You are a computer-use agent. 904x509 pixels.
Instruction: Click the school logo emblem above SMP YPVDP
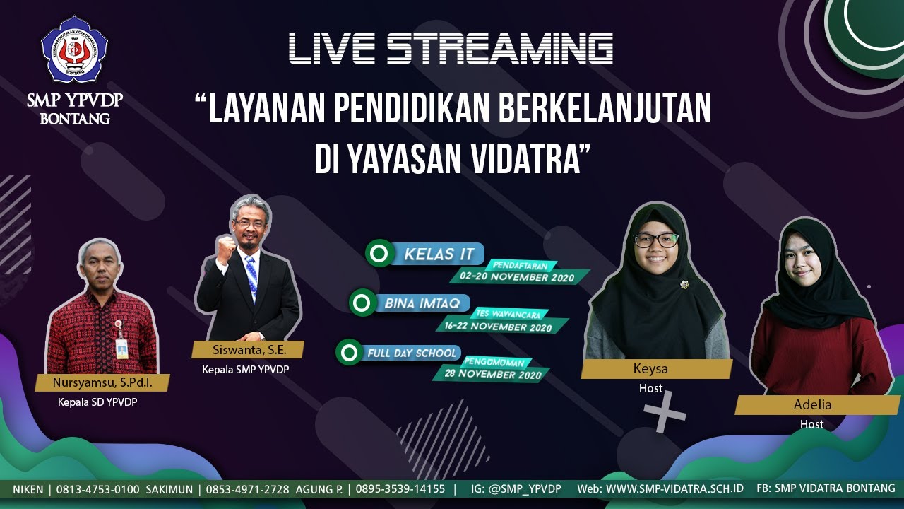[74, 49]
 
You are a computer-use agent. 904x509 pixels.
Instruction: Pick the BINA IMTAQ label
[422, 303]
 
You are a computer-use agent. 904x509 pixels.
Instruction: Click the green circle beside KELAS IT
[379, 253]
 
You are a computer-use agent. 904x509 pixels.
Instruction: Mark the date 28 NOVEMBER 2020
[493, 374]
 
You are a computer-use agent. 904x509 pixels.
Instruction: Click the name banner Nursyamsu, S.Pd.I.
[102, 383]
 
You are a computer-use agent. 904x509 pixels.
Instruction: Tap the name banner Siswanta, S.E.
[247, 349]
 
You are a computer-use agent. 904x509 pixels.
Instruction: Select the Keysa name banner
[657, 369]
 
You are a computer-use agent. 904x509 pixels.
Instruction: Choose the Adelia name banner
[813, 405]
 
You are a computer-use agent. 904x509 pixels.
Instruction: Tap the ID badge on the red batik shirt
[122, 346]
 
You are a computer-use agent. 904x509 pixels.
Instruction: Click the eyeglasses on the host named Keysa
[655, 240]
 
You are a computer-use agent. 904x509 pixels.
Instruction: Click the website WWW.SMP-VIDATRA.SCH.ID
[674, 488]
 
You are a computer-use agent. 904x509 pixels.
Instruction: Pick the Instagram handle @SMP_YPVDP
[525, 489]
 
